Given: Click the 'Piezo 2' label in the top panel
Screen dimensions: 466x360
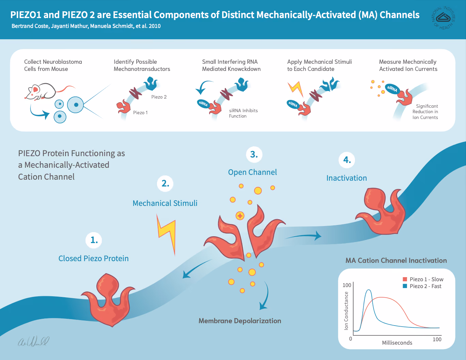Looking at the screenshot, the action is coord(159,97).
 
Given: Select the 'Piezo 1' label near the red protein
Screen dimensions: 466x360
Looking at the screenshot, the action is coord(140,112).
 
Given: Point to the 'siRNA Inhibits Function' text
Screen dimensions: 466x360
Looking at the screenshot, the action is coord(243,113).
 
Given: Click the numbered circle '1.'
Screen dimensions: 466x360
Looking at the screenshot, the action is coord(94,240).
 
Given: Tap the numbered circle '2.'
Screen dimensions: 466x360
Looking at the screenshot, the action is coord(165,184).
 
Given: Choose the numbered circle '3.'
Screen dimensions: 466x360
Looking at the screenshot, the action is coord(254,155).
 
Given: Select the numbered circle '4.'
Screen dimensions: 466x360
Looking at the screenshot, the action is coord(347,160).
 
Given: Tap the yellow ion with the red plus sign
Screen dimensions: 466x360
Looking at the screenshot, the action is coord(240,216).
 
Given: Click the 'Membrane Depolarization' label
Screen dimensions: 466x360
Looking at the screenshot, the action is coord(240,321).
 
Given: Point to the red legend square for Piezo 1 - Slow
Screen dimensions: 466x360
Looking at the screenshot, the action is coord(405,279).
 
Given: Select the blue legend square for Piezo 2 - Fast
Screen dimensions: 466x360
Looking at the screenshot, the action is coord(405,286).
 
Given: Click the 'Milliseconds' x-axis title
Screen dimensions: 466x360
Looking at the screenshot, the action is coord(397,343).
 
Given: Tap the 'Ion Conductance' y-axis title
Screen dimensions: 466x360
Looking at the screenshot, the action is coord(346,311).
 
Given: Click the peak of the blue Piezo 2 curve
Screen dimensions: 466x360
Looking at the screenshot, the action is coord(369,290).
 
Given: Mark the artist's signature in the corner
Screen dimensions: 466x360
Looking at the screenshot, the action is coord(33,341).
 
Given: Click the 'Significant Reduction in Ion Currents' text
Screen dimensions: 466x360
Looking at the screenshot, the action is coord(425,112).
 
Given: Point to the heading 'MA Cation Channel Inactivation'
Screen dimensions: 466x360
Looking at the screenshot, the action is coord(396,260).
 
